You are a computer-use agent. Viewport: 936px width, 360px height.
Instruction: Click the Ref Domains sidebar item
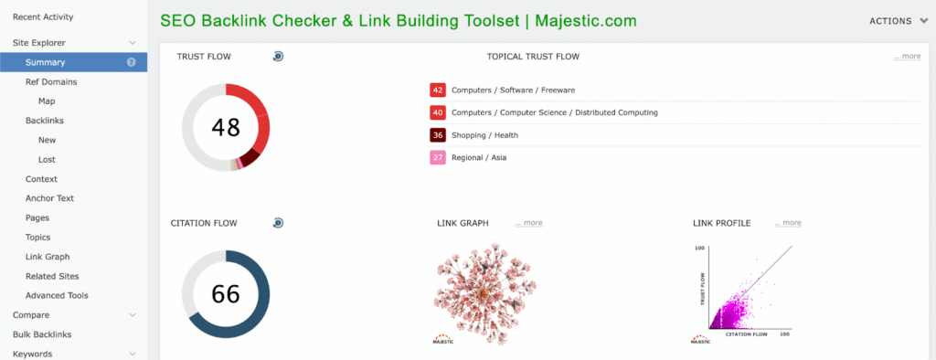[x=51, y=82]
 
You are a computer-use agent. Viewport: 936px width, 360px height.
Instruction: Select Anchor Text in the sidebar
[x=49, y=198]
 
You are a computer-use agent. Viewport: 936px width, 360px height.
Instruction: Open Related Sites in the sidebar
[x=52, y=277]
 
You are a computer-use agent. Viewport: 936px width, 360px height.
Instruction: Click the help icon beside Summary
[x=132, y=62]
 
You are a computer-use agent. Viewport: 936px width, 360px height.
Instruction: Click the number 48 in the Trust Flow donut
[x=226, y=127]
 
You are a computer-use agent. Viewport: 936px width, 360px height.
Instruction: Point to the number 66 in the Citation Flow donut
[x=226, y=293]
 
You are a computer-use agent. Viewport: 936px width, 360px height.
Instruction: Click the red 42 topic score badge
[x=438, y=90]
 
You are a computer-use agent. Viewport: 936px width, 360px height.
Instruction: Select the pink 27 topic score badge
[x=438, y=157]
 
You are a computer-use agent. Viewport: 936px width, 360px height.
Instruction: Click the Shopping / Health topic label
[x=484, y=135]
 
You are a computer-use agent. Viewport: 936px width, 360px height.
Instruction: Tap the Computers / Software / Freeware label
[x=514, y=90]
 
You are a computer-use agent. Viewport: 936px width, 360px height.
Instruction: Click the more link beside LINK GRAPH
[x=529, y=223]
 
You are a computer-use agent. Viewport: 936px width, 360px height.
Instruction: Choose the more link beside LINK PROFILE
[x=788, y=223]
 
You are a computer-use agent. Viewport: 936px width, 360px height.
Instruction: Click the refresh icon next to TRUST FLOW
[x=278, y=56]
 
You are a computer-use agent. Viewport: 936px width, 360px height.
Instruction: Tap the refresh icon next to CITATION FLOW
[x=278, y=223]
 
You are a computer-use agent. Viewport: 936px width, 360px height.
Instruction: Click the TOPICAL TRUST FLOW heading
[x=533, y=57]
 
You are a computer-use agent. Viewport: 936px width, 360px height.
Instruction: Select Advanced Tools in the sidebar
[x=57, y=295]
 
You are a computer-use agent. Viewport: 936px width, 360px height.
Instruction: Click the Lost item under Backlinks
[x=47, y=159]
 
